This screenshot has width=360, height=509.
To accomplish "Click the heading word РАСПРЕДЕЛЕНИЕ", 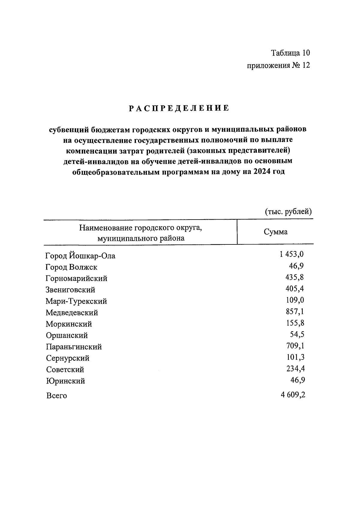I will [x=179, y=108].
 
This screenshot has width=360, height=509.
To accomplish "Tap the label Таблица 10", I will [x=290, y=53].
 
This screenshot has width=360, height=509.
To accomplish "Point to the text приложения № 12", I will [x=278, y=65].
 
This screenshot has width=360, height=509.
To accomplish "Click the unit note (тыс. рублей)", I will [x=288, y=212].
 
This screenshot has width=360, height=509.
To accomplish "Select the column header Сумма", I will [x=275, y=232].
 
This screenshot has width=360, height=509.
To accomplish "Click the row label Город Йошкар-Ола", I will [x=80, y=256].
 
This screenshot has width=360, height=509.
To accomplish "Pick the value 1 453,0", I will [x=292, y=254].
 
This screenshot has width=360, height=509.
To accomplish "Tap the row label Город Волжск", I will [x=71, y=267].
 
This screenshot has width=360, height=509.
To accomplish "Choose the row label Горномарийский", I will [x=76, y=278].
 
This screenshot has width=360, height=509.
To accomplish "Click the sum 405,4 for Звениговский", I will [x=295, y=289].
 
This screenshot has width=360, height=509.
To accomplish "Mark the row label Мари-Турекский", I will [x=76, y=301].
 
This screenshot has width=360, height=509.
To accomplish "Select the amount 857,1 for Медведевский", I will [x=295, y=311].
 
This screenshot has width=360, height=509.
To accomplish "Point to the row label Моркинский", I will [x=69, y=324].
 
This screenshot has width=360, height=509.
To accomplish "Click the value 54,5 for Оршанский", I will [x=297, y=334].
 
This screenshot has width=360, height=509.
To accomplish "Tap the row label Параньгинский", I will [x=74, y=347].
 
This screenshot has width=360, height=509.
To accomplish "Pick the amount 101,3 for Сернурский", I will [x=295, y=357].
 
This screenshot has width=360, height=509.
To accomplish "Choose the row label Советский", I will [x=65, y=370].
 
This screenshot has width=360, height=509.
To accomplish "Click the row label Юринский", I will [x=65, y=381].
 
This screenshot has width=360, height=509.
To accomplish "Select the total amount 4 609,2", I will [x=293, y=395].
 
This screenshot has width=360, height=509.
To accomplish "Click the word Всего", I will [x=56, y=396].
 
